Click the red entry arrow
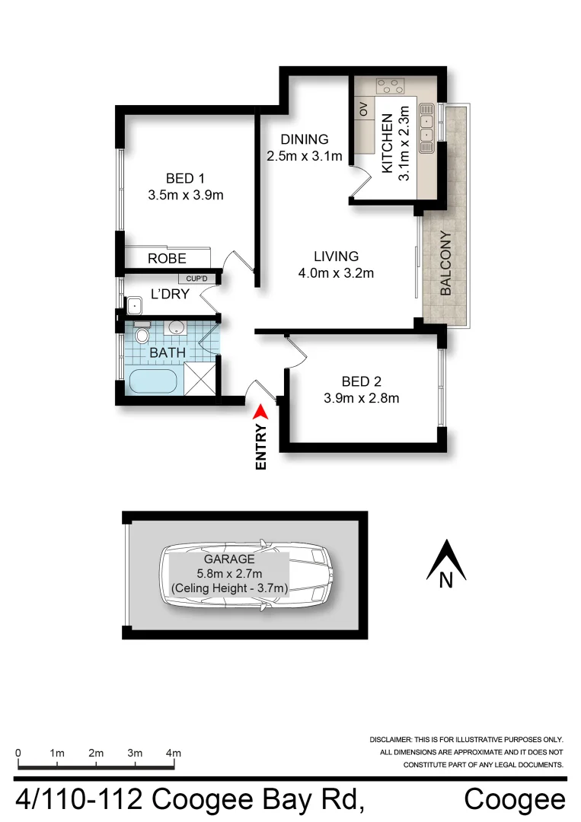tap(260, 411)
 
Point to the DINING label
tap(304, 139)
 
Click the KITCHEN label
tap(387, 143)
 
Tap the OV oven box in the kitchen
tap(363, 110)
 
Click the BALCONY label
tap(446, 263)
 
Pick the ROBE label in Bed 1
tap(167, 259)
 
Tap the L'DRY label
tap(170, 294)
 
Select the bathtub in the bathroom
tap(152, 381)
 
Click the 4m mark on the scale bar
tap(174, 753)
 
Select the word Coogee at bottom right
tap(515, 800)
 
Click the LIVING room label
tap(336, 256)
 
